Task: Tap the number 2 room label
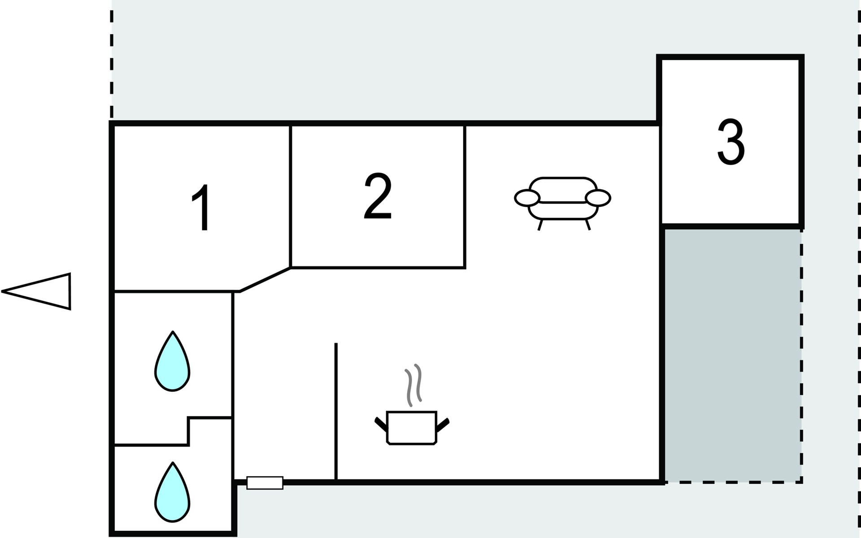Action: (378, 197)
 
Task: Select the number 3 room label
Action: (731, 142)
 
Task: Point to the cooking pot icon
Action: (411, 428)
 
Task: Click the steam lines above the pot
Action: (413, 385)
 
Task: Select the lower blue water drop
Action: (172, 493)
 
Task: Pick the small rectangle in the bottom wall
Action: (265, 483)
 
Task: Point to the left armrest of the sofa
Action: (527, 197)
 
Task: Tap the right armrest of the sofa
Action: (598, 197)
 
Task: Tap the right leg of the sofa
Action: (588, 225)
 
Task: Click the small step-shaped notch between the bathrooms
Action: (189, 430)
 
